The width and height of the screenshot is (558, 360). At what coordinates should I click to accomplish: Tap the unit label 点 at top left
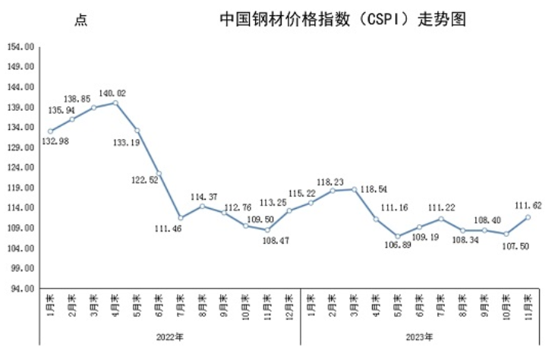point(80,21)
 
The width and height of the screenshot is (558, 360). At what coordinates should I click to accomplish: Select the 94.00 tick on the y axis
point(21,289)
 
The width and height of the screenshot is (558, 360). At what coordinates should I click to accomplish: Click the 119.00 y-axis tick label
point(21,188)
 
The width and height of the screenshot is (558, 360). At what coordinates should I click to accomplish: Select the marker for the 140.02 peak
point(115,103)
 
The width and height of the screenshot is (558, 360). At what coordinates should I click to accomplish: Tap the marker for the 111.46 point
point(181,218)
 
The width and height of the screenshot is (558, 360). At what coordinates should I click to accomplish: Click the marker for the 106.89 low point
point(397,236)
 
